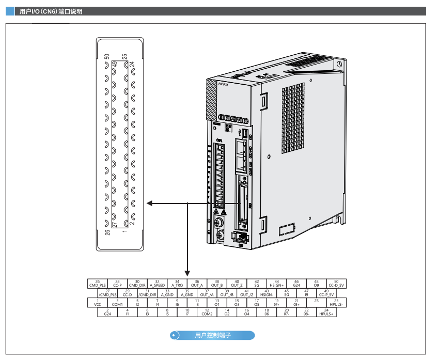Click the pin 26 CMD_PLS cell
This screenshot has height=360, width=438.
click(97, 283)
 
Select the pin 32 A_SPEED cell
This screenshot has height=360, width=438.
click(157, 283)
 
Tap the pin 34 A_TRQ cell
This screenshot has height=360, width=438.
click(177, 283)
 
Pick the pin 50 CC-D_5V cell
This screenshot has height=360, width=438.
click(336, 283)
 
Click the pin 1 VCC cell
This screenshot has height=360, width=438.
click(97, 302)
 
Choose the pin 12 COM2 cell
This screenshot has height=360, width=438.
click(207, 311)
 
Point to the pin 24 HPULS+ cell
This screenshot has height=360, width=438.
click(326, 311)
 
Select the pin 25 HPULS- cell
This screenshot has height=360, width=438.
click(336, 302)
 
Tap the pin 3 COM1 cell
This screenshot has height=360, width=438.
click(117, 302)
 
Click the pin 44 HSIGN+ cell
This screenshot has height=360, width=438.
click(276, 283)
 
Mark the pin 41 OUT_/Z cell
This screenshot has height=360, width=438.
click(246, 292)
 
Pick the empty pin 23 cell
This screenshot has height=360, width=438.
click(317, 302)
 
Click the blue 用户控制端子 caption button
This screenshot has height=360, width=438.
click(212, 336)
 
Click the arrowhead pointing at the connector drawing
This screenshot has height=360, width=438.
click(149, 204)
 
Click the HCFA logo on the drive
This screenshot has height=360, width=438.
click(223, 82)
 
